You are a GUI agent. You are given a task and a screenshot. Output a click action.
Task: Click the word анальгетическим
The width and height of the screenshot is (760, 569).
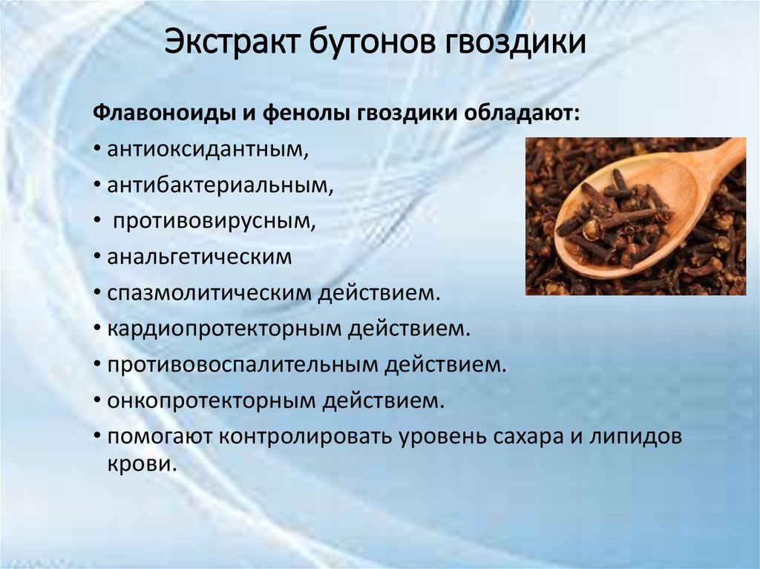[x=200, y=257]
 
